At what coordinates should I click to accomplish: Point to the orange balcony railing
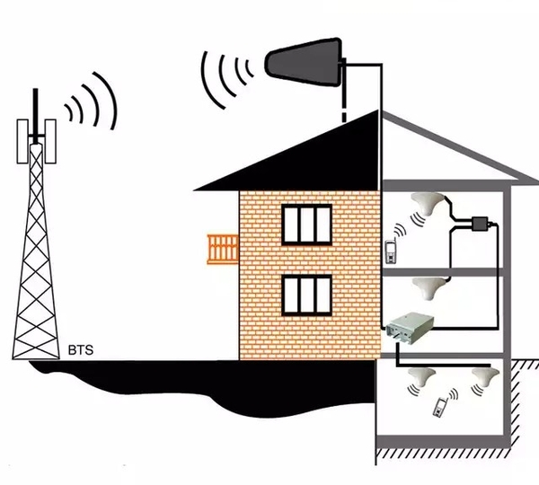[x=222, y=246]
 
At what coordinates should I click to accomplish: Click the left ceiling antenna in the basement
[x=420, y=373]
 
